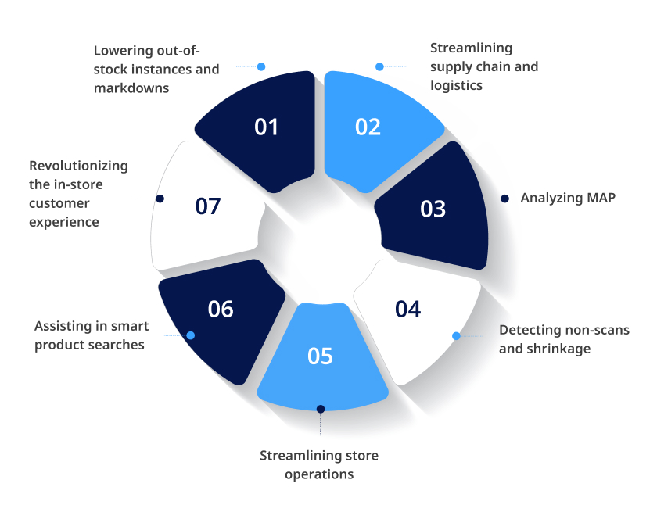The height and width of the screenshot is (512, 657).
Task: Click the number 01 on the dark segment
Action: coord(266,127)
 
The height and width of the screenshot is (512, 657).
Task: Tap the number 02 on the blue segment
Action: coord(368,127)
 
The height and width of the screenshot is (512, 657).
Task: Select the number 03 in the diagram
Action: coord(433,209)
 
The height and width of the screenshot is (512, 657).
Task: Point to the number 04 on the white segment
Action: coord(407,310)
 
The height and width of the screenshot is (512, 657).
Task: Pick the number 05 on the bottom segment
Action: coord(320,356)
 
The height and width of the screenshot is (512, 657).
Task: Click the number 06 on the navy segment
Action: coord(221,310)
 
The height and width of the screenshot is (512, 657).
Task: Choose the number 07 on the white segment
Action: coord(208,206)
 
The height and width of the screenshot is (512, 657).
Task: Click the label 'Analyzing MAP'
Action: coord(568,198)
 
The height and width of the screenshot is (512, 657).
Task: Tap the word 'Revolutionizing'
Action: coord(78,166)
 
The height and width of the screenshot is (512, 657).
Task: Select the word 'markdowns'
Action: coord(131,88)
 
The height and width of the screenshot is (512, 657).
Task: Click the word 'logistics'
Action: coord(456,86)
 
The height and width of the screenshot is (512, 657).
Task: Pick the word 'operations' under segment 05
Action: coord(319,474)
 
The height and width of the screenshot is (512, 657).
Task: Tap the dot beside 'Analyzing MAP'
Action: coord(505,199)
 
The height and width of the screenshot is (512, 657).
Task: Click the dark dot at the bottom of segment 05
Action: coord(321,409)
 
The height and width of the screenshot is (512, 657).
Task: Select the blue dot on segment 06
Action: coord(191,335)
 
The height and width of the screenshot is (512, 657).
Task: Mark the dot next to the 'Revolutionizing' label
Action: coord(160,199)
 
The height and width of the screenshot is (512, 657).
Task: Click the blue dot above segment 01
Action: coord(261,66)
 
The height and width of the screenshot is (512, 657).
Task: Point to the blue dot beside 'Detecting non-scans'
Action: coord(456,336)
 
